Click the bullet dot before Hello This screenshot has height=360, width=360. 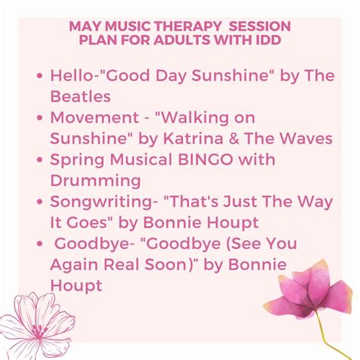(39, 77)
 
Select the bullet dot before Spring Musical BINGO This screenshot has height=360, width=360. (39, 161)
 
